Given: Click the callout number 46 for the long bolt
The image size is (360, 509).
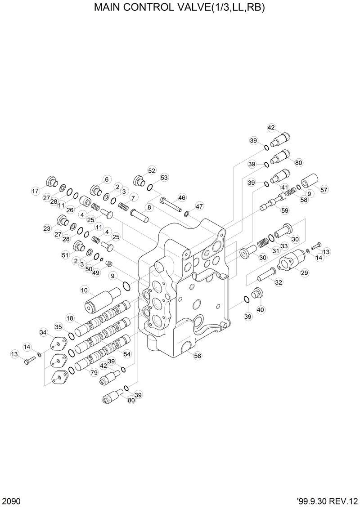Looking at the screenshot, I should tap(182, 197).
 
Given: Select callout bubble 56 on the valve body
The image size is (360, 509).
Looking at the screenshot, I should tap(197, 356).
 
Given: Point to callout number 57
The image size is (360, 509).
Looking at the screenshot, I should tap(324, 190).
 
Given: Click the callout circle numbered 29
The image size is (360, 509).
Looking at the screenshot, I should tap(304, 273).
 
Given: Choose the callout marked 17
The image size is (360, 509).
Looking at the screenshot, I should tap(35, 191).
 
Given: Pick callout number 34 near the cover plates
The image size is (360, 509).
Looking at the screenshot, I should tap(43, 332).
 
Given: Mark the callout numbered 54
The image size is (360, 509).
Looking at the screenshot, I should tap(127, 354).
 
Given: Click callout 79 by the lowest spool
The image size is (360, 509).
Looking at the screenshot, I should tap(94, 373).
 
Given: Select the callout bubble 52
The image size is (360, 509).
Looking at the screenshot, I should tap(152, 170).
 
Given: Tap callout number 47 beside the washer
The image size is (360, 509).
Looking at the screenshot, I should tap(199, 206).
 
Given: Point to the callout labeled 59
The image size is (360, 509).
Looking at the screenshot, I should tap(285, 210).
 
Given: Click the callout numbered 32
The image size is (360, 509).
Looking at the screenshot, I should tap(279, 282).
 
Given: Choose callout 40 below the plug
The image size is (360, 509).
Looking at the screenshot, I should tap(261, 309).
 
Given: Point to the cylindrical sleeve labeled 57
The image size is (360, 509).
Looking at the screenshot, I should tap(310, 182).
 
